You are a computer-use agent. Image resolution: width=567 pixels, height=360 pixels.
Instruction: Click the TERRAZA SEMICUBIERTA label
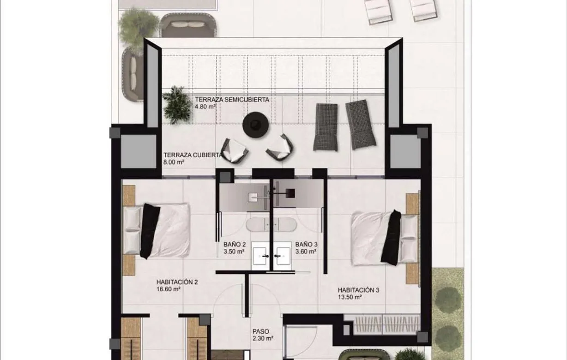pos(232,99)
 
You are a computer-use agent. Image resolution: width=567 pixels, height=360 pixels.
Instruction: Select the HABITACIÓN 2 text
pos(177,282)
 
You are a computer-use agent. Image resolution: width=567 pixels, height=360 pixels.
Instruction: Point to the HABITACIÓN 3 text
pos(358,290)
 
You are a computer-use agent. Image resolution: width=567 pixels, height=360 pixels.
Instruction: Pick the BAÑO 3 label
pos(306,245)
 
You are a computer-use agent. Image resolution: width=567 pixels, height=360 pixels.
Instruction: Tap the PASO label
pos(260,331)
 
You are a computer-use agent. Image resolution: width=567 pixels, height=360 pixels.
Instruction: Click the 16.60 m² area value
pos(168,289)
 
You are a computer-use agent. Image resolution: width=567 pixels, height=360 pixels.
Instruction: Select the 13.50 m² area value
pos(349,298)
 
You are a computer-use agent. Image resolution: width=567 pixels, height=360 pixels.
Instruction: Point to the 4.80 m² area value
pos(205,107)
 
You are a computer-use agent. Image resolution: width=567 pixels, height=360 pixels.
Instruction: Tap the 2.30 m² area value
pos(263,338)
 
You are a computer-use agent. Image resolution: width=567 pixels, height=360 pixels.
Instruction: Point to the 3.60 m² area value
pos(306,252)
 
